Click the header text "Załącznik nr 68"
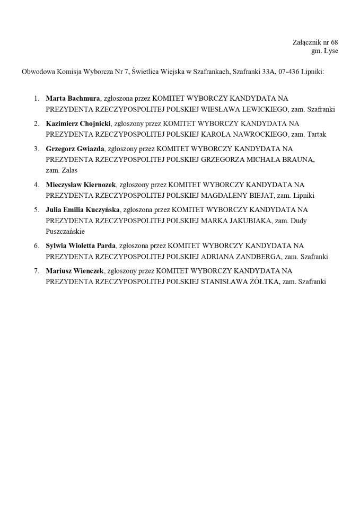click(x=315, y=42)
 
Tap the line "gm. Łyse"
click(x=324, y=51)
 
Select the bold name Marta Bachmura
click(x=73, y=99)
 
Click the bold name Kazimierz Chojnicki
click(x=78, y=124)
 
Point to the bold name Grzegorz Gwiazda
click(x=75, y=149)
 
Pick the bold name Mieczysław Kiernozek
click(x=81, y=185)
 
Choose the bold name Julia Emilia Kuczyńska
click(x=83, y=210)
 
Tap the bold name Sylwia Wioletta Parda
click(x=81, y=245)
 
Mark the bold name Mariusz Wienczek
click(x=74, y=271)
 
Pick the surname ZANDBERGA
click(x=256, y=256)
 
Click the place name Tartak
click(x=317, y=134)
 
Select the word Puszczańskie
click(x=65, y=231)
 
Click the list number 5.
click(x=36, y=210)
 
